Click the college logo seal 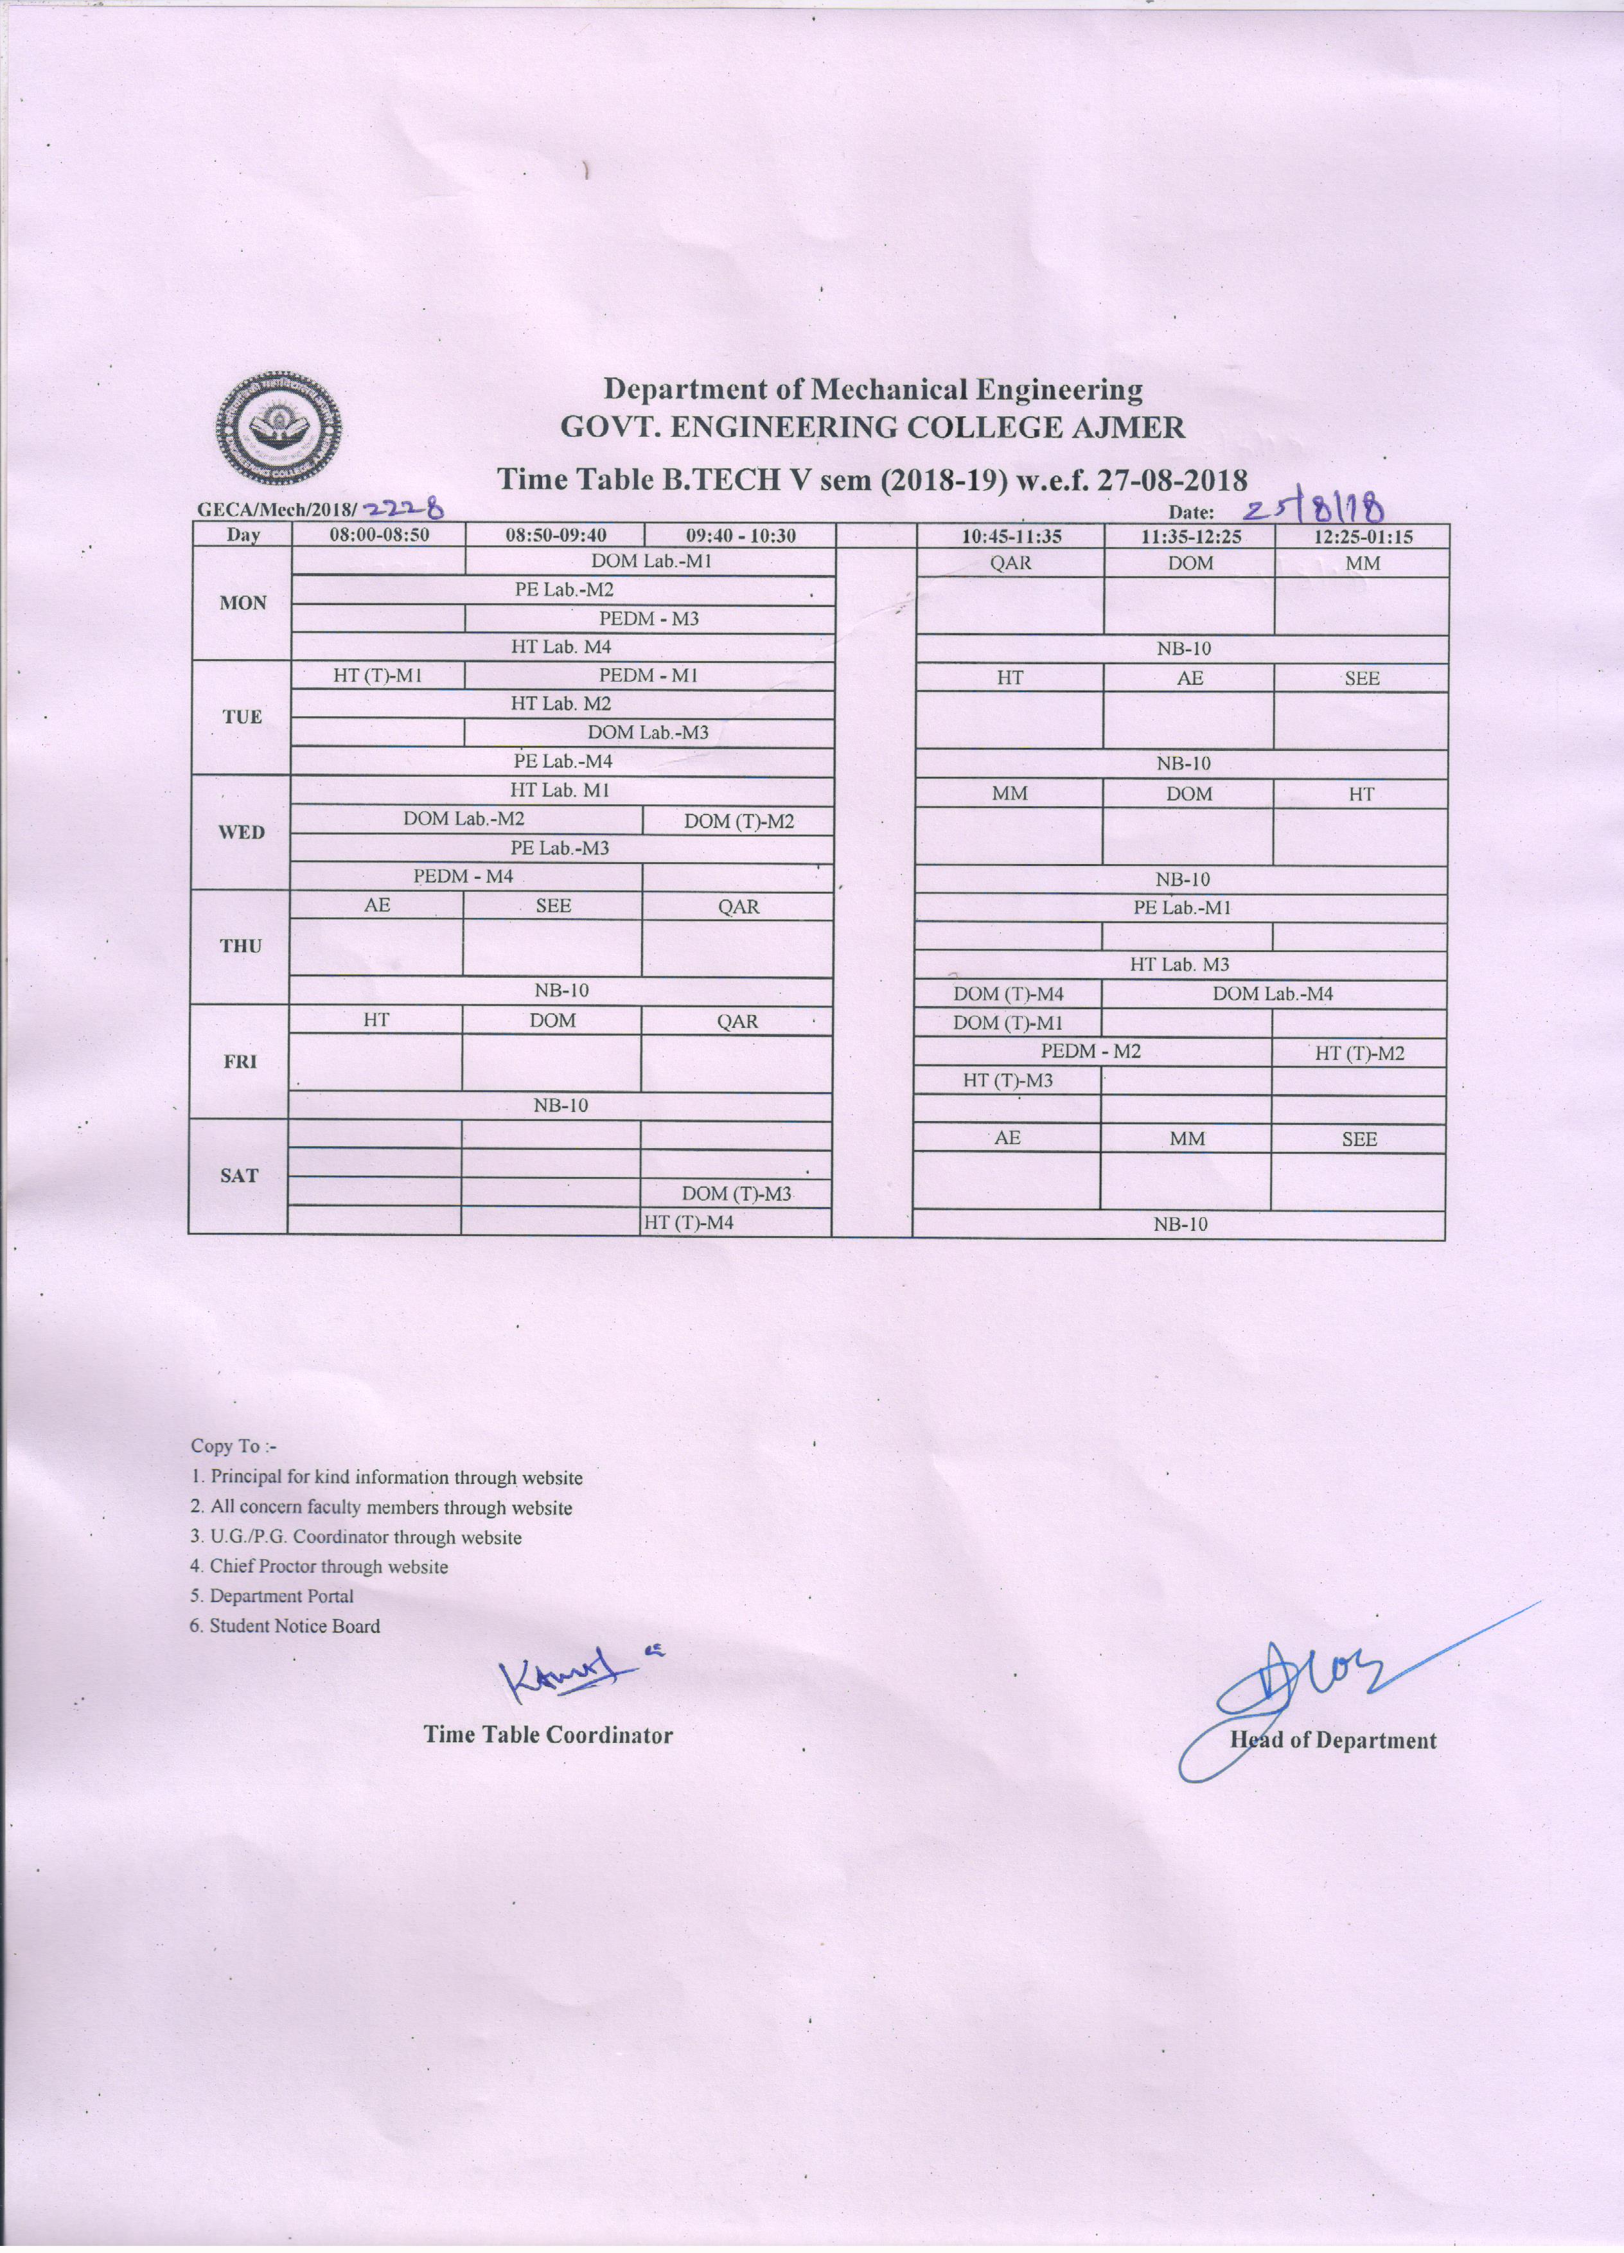click(281, 425)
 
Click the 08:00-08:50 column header click(378, 535)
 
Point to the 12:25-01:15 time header click(1362, 536)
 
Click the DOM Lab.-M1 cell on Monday click(651, 561)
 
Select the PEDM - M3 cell click(649, 619)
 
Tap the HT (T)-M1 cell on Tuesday click(378, 675)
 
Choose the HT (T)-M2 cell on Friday click(1359, 1053)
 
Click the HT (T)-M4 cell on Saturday click(689, 1223)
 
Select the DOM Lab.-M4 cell click(1273, 993)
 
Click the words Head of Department click(1333, 1740)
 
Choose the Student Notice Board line click(285, 1626)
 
